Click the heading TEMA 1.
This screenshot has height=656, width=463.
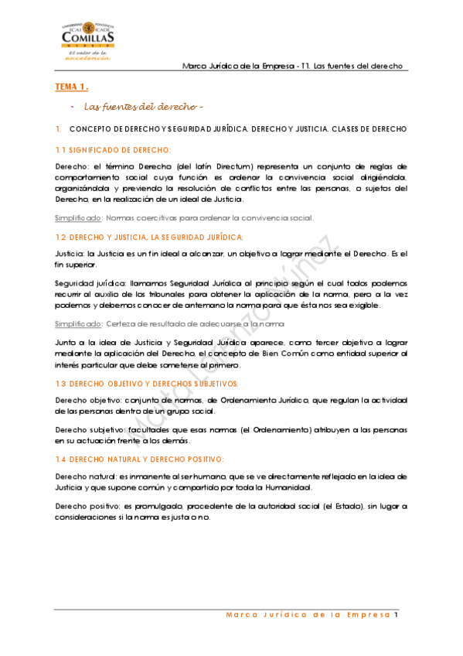71,87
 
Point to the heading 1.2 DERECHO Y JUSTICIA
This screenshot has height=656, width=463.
148,237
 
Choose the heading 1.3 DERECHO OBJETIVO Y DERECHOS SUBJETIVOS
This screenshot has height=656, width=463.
146,384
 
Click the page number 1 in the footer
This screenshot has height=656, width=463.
396,616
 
